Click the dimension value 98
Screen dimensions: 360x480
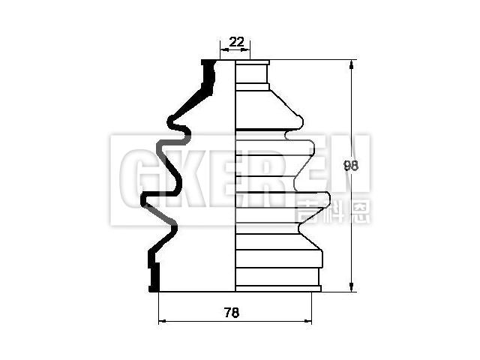pyautogui.click(x=349, y=166)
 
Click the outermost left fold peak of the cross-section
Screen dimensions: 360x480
pyautogui.click(x=145, y=200)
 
